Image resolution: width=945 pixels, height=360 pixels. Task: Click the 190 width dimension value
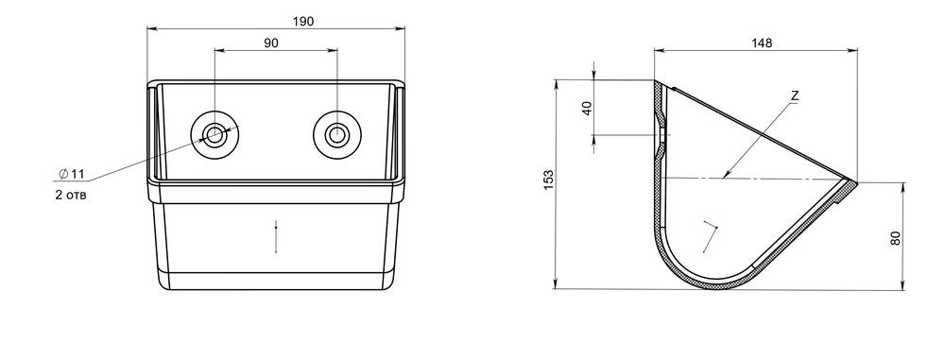coord(303,21)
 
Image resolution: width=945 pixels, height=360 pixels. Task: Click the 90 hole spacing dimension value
coord(271,43)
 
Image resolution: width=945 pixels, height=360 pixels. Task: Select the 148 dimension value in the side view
coord(761,43)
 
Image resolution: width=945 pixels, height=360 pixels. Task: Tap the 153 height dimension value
coord(548,180)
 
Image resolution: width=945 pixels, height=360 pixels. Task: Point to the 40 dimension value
coord(588,108)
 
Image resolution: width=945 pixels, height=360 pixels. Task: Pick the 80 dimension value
coord(895,238)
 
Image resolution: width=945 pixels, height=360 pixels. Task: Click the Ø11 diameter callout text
coord(72,174)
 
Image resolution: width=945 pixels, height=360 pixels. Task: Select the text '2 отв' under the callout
coord(71,196)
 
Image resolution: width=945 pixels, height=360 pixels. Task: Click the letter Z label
coord(795,95)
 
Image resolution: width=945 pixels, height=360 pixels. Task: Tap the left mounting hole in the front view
coord(215,134)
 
